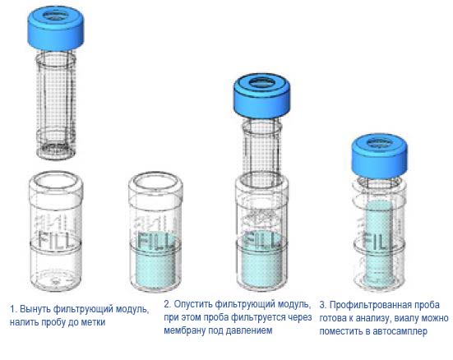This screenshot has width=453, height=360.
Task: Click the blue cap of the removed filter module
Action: pyautogui.click(x=56, y=27)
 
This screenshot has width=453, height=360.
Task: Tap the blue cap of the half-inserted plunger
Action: pyautogui.click(x=261, y=95)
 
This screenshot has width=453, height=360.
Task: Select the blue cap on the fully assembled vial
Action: pyautogui.click(x=380, y=156)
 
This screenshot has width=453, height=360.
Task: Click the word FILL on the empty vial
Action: pyautogui.click(x=54, y=239)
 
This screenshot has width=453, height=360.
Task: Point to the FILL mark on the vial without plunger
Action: pyautogui.click(x=156, y=239)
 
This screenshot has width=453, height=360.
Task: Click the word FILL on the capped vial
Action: pyautogui.click(x=378, y=239)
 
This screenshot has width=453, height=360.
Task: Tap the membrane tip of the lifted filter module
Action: pyautogui.click(x=56, y=150)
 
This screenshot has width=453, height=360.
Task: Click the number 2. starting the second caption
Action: pyautogui.click(x=167, y=304)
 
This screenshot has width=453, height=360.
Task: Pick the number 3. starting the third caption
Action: pyautogui.click(x=323, y=305)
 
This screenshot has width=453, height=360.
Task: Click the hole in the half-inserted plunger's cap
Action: pyautogui.click(x=261, y=83)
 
